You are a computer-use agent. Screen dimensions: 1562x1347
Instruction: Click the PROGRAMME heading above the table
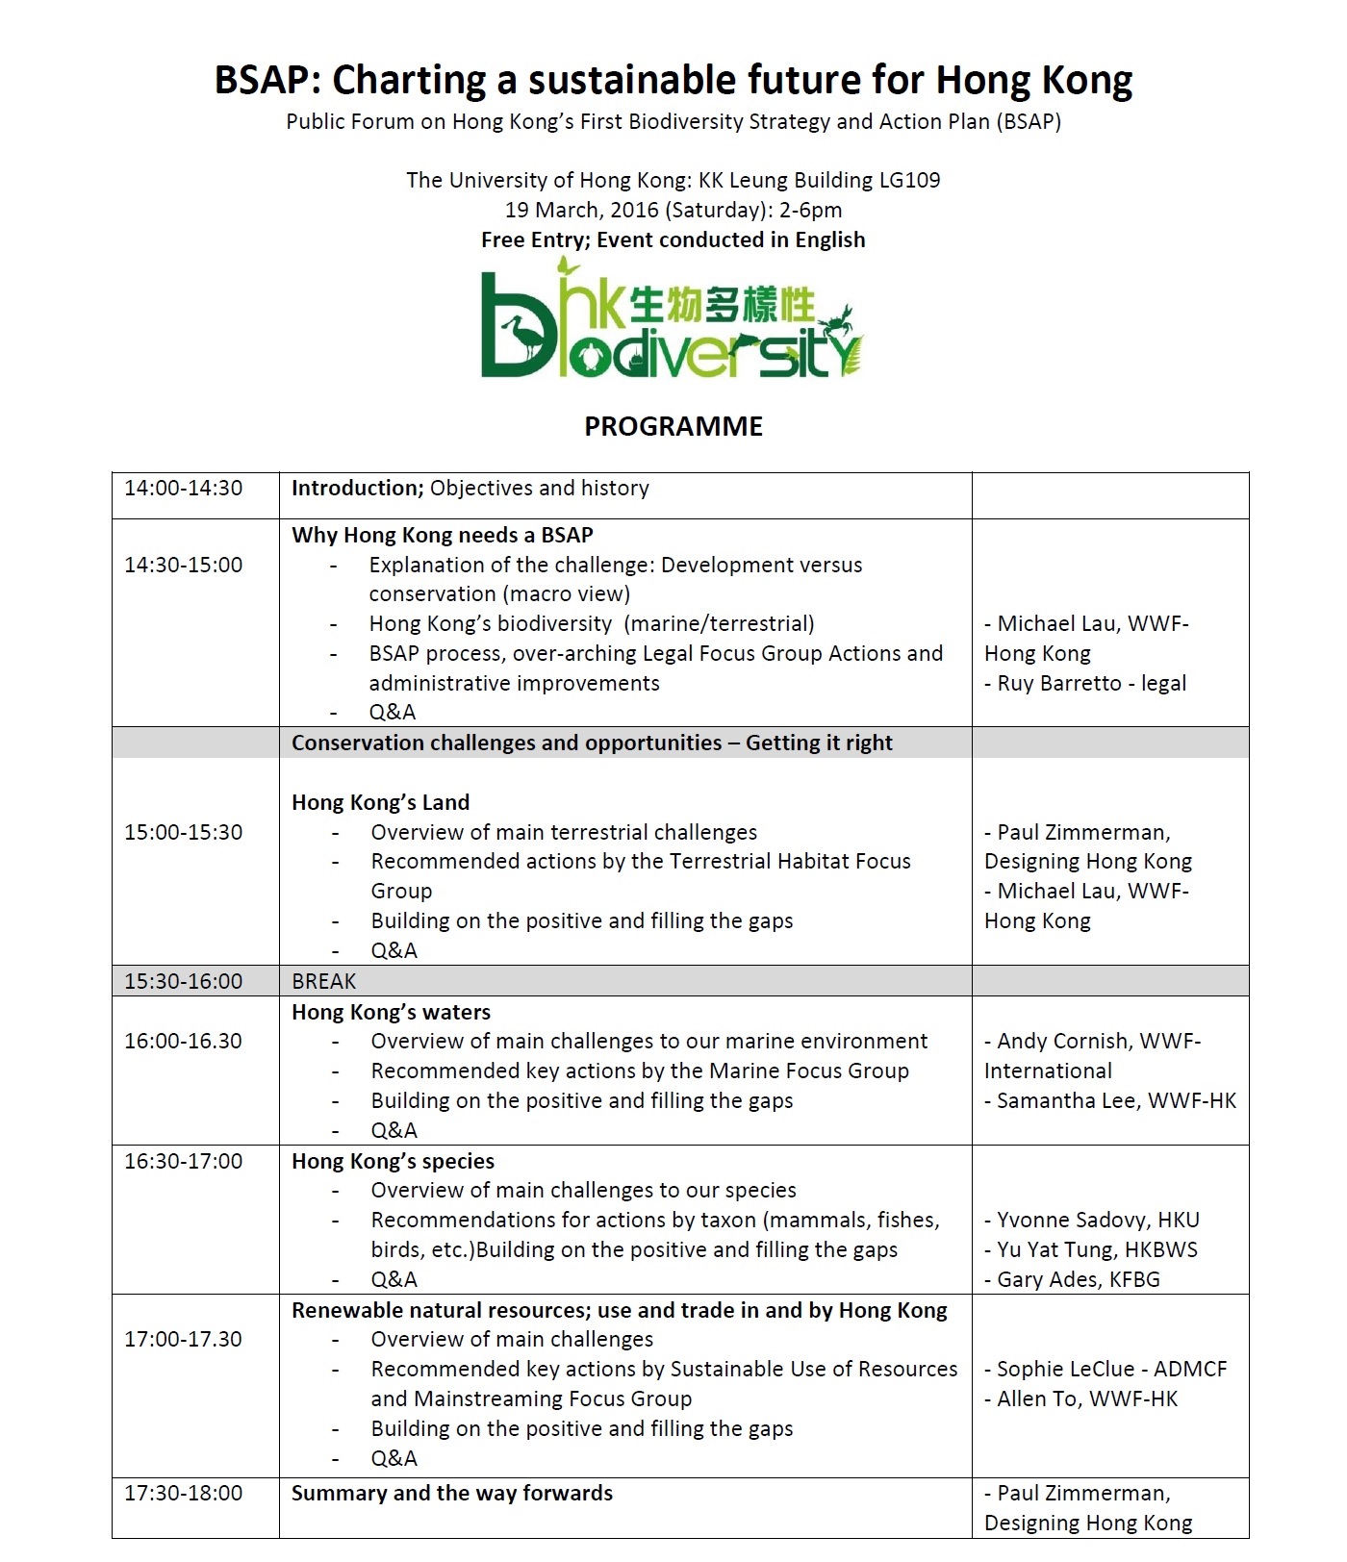coord(673,426)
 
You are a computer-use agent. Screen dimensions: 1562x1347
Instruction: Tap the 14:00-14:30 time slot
coord(183,488)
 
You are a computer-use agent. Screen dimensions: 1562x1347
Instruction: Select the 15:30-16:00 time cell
coord(183,981)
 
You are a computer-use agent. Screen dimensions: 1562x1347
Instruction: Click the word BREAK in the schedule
coord(323,981)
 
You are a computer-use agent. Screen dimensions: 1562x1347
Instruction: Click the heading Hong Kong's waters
coord(391,1012)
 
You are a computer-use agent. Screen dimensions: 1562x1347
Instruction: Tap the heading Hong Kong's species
coord(393,1161)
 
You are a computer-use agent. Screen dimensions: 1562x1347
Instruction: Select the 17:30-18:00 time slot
coord(183,1493)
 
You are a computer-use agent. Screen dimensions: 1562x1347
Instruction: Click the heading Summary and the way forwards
coord(451,1493)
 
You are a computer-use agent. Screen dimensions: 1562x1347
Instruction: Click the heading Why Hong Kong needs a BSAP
coord(442,535)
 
